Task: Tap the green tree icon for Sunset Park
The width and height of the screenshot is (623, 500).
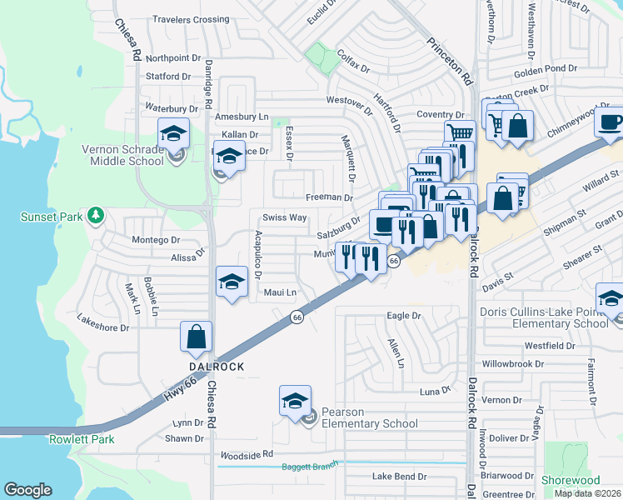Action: (x=97, y=216)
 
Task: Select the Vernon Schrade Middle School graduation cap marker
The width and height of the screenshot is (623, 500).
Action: (x=174, y=133)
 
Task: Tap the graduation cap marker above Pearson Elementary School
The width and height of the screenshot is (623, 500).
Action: (x=295, y=402)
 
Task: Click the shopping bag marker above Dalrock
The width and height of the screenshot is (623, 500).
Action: (x=197, y=337)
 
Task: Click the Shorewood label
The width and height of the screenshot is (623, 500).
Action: (x=571, y=480)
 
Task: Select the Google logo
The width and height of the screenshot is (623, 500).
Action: (x=28, y=490)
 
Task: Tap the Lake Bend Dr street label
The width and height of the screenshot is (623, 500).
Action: (x=399, y=477)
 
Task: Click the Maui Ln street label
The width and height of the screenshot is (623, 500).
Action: (x=280, y=292)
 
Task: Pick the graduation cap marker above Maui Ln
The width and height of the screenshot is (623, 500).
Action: (x=232, y=282)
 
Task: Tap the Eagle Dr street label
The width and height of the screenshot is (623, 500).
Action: (x=404, y=316)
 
